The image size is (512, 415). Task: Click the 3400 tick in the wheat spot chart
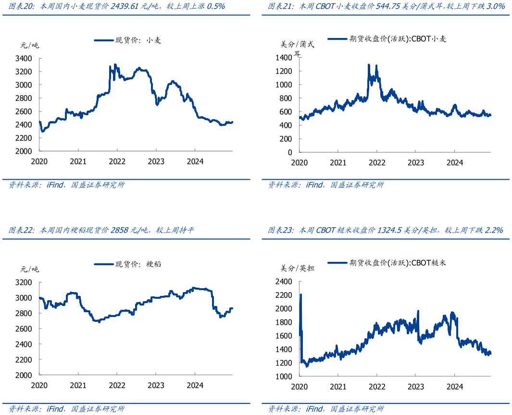(x=24, y=59)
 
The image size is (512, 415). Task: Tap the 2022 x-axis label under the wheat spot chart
(x=117, y=161)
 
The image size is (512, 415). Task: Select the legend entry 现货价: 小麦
(x=127, y=41)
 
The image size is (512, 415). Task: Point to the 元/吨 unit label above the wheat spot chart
(x=30, y=46)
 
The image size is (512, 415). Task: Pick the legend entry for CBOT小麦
(x=387, y=39)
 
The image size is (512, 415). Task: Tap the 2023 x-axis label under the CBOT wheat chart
(x=416, y=162)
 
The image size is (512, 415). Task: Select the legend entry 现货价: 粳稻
(x=127, y=264)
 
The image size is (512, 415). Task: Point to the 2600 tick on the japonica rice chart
(x=24, y=329)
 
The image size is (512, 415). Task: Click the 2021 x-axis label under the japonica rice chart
(x=78, y=385)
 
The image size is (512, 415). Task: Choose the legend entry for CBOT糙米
(x=387, y=263)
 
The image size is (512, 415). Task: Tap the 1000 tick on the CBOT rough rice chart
(x=283, y=376)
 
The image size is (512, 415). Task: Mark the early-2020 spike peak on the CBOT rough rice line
(x=300, y=294)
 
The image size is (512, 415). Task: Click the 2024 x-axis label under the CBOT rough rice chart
(x=455, y=386)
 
